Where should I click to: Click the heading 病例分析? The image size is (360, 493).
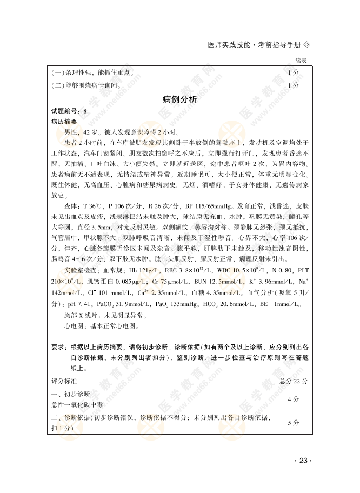[x=179, y=99]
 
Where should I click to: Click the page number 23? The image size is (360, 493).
[x=303, y=460]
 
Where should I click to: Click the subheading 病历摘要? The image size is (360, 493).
[x=64, y=122]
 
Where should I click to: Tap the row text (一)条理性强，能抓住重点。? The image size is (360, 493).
[x=92, y=72]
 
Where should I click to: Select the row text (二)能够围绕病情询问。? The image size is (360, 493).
[x=86, y=85]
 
